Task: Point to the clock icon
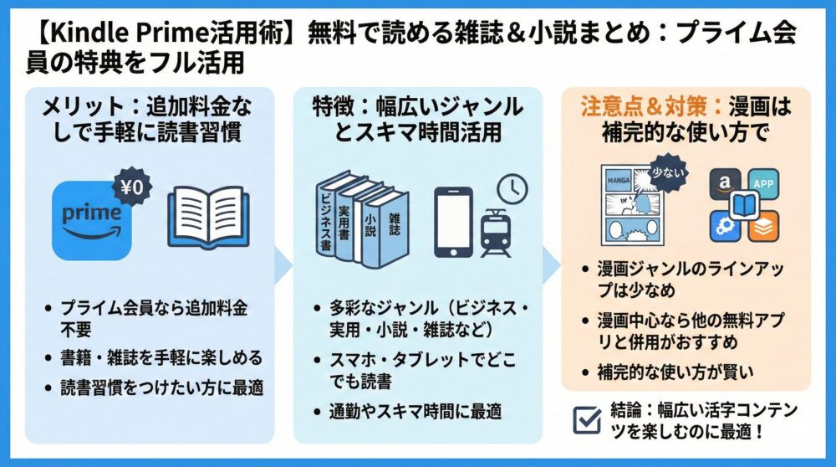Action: [512, 188]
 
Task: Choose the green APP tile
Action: [762, 184]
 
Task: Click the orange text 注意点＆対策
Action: [641, 107]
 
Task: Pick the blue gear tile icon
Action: [724, 224]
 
